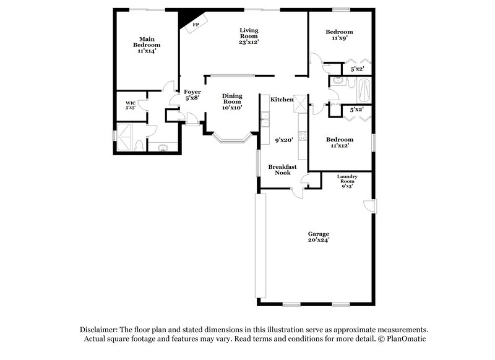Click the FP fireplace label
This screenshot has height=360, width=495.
(x=196, y=25)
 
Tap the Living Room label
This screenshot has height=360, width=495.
(x=249, y=36)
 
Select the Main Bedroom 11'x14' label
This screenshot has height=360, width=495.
(x=147, y=45)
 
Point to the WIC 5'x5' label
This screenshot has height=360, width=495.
(x=131, y=105)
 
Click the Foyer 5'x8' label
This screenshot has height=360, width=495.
(x=192, y=95)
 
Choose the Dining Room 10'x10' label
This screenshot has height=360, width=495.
(x=232, y=101)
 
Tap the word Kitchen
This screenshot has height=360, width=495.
(x=282, y=100)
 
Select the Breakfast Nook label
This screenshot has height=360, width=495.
(x=282, y=169)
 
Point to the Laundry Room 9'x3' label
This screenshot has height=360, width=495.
(x=346, y=181)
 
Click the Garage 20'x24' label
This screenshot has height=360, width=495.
(x=319, y=237)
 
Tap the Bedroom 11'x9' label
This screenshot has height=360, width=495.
(x=339, y=35)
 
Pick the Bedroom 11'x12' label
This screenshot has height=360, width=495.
(x=340, y=143)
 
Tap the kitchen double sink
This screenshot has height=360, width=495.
(x=265, y=118)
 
